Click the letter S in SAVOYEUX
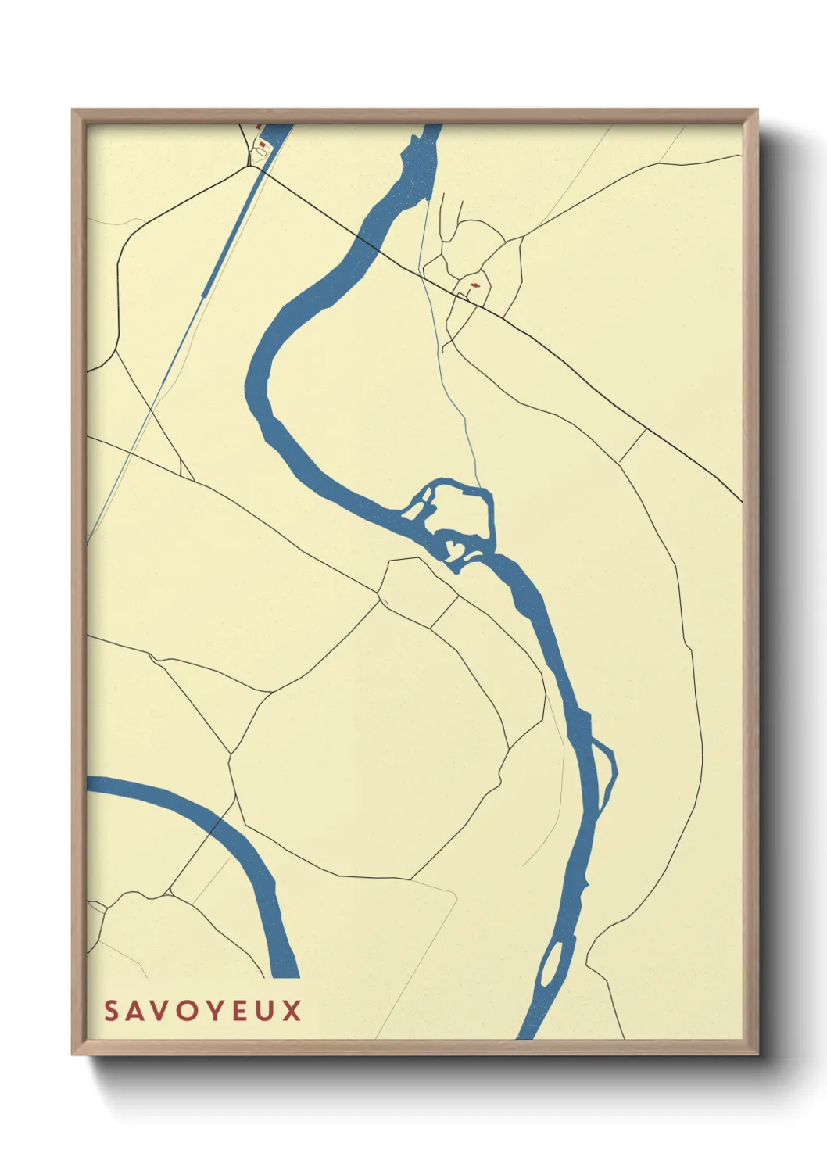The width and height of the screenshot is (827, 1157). (x=111, y=1011)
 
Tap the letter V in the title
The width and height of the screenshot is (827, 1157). (x=158, y=1011)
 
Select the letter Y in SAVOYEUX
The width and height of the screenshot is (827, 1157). (x=210, y=1011)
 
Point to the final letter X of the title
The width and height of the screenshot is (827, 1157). (x=292, y=1011)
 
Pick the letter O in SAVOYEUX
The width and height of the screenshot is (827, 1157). (x=184, y=1011)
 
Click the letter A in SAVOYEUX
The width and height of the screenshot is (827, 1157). (x=134, y=1011)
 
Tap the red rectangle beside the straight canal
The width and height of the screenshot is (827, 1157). (x=263, y=144)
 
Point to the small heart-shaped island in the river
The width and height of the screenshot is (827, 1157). (x=452, y=546)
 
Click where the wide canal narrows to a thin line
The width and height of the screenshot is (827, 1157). (x=202, y=297)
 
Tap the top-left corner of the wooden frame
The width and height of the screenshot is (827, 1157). (x=73, y=110)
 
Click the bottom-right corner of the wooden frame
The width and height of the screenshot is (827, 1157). (x=757, y=1054)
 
